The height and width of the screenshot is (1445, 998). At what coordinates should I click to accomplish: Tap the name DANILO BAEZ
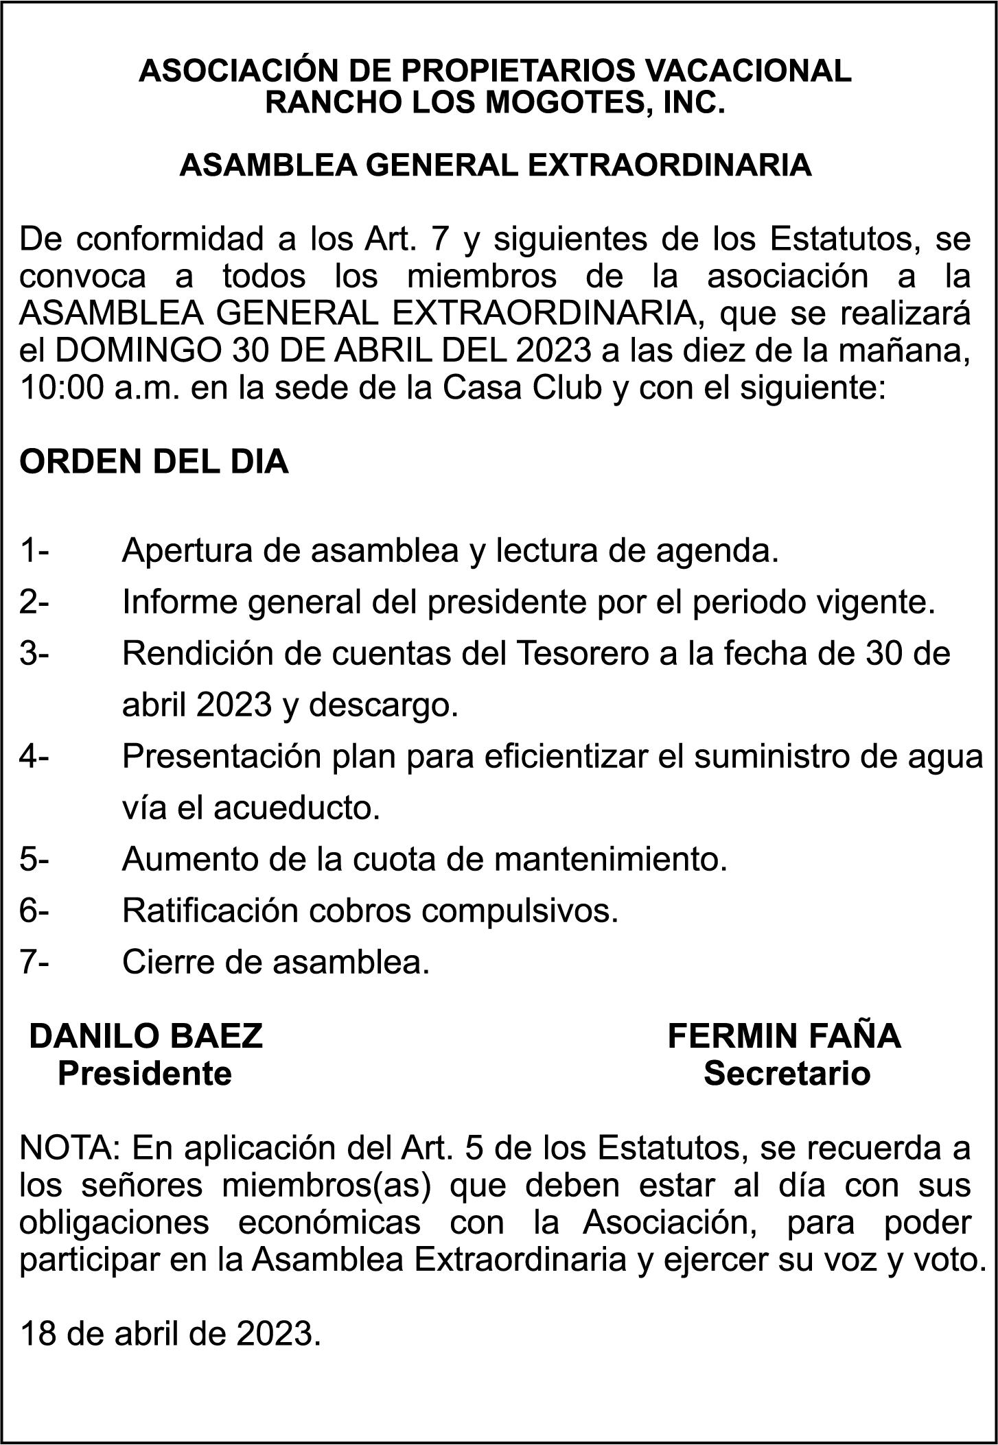tap(146, 1035)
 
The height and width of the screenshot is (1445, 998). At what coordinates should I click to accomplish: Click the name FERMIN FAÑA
tap(784, 1035)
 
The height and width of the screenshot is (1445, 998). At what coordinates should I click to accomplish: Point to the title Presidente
tap(145, 1073)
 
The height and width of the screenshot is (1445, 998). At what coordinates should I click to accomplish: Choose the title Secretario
tap(787, 1073)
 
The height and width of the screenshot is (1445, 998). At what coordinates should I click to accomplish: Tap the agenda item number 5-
tap(34, 859)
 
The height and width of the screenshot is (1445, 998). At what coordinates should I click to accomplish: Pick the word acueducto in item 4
tap(296, 808)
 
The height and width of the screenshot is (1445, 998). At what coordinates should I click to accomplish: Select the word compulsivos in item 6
tap(520, 911)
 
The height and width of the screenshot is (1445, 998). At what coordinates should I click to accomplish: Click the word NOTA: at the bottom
tap(71, 1148)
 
